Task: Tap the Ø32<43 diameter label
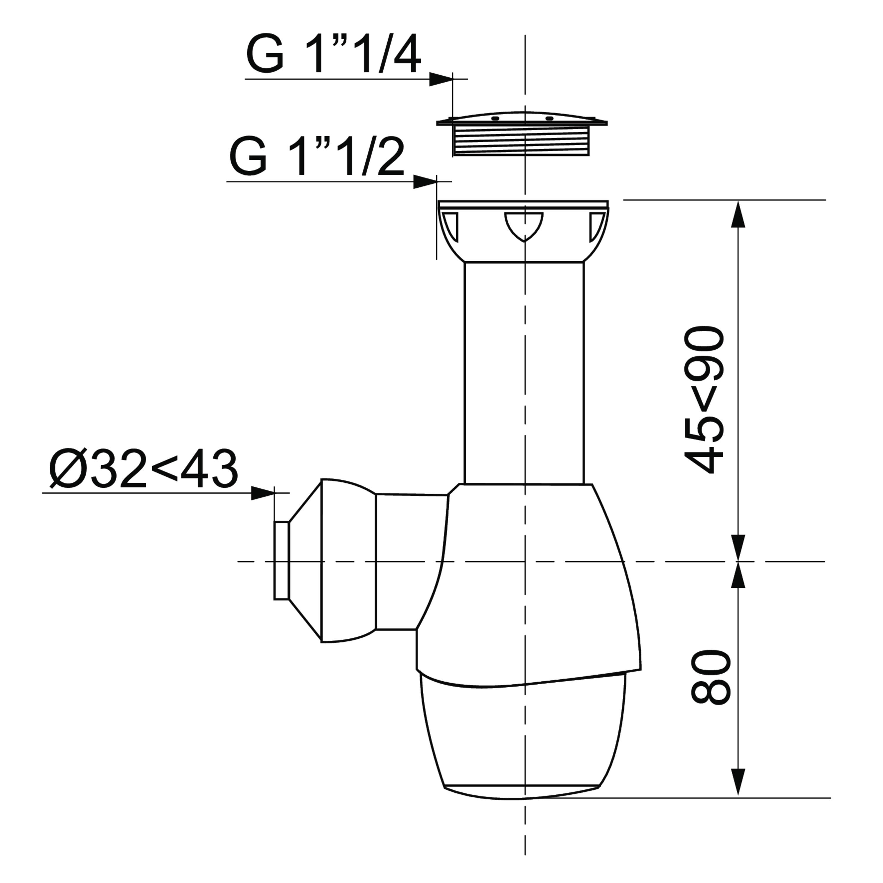tap(144, 469)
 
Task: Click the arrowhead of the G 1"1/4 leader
tap(441, 79)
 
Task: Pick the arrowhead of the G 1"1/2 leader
tap(425, 181)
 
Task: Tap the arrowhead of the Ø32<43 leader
tap(263, 493)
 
